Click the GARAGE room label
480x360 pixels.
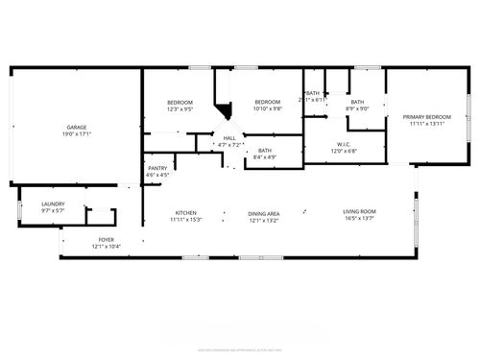(x=77, y=128)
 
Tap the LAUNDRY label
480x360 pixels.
(x=53, y=204)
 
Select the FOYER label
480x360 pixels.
(x=106, y=240)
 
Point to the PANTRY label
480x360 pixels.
(x=157, y=169)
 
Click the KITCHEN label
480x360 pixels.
(x=185, y=212)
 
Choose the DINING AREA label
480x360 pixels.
(x=263, y=213)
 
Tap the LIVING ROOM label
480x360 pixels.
(x=360, y=211)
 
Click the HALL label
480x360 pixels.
(x=229, y=138)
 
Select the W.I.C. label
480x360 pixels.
(x=343, y=145)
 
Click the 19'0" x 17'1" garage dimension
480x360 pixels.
(x=77, y=134)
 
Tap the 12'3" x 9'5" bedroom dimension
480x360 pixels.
(x=180, y=109)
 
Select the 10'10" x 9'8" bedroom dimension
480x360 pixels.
(x=267, y=108)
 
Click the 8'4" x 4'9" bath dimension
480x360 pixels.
(x=265, y=156)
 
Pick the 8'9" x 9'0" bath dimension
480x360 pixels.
(x=357, y=108)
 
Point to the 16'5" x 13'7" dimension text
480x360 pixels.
(x=360, y=218)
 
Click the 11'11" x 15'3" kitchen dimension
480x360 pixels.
(x=185, y=219)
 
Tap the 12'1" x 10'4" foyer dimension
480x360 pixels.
(x=106, y=247)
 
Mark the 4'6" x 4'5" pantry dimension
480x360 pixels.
(x=157, y=175)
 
